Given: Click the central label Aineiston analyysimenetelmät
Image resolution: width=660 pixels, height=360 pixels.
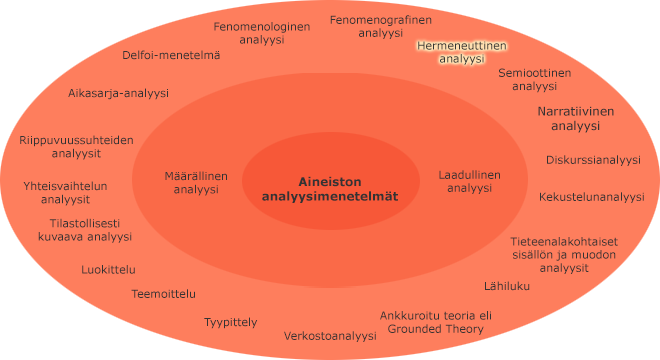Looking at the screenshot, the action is click(x=329, y=189).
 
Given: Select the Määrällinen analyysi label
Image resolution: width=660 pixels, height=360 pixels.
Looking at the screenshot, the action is click(x=196, y=182).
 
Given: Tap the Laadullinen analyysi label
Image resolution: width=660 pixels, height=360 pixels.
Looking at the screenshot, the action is click(x=470, y=181).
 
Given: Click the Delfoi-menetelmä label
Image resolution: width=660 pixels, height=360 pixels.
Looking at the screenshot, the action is click(x=171, y=56).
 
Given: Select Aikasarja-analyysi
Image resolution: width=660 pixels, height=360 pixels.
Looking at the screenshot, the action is click(x=118, y=93).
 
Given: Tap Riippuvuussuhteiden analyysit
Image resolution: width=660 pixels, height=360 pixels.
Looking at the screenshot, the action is click(x=76, y=147).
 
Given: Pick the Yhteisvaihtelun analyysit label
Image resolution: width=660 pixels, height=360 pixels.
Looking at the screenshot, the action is click(x=65, y=192).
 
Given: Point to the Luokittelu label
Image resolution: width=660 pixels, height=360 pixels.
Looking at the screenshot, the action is click(x=109, y=269).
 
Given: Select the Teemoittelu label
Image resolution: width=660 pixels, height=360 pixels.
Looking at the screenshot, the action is click(x=164, y=294).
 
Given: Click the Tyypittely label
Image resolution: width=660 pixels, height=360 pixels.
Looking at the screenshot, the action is click(x=231, y=322).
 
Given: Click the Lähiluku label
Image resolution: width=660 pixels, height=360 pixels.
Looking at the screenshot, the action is click(x=507, y=286).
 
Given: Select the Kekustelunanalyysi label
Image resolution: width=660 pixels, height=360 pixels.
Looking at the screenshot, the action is click(x=592, y=197).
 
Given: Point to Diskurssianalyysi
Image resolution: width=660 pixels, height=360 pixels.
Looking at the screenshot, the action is click(x=593, y=159).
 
